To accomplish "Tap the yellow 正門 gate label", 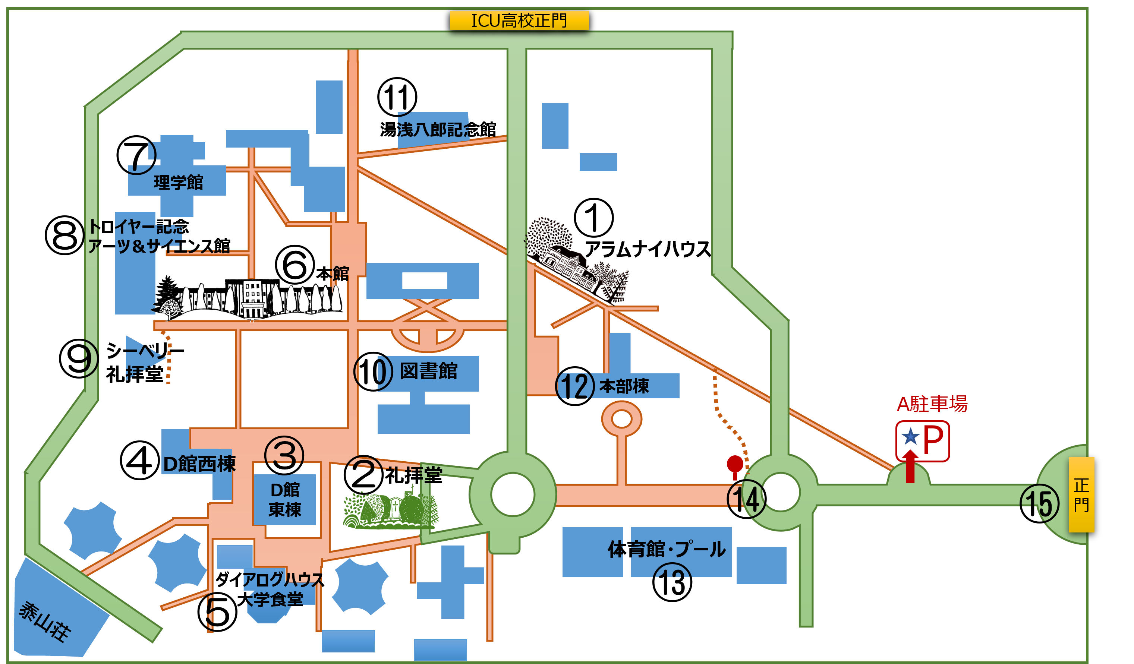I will coord(1081,494).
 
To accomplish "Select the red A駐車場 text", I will coord(932,404).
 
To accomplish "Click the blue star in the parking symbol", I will coord(910,436).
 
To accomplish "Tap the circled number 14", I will coord(746,499).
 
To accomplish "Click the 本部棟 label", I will coord(624,386).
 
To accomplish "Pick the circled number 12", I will coord(575,386).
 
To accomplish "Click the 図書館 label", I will coord(428,371).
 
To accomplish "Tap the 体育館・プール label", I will coord(667,549).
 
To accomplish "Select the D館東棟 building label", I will coord(285,500).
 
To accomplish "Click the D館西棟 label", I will coord(199,464).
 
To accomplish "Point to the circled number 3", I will coord(284,455).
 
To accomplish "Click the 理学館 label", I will coord(179,183).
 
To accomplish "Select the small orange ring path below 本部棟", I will coord(621,419).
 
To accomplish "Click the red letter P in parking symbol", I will coord(933,440).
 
